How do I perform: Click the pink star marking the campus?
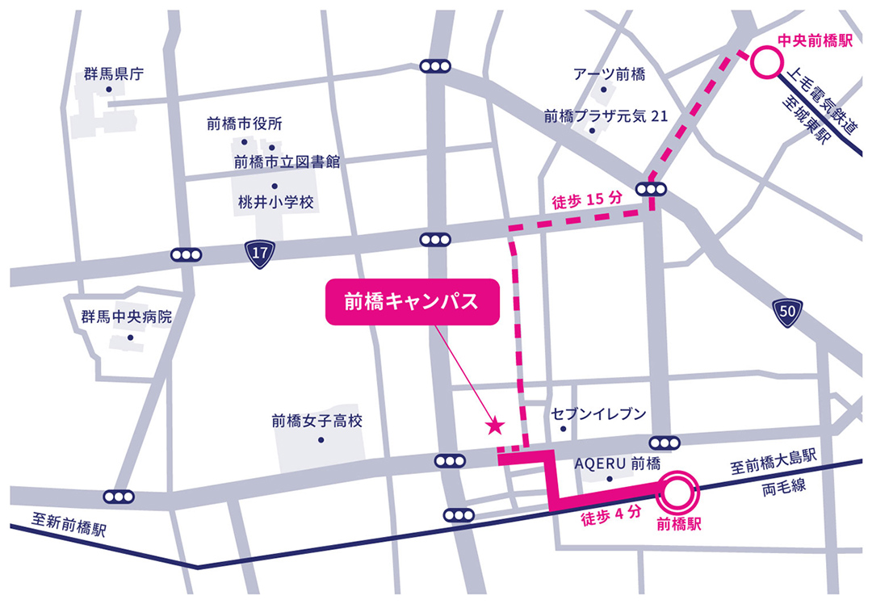[x=495, y=424]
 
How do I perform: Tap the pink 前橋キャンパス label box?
[x=413, y=303]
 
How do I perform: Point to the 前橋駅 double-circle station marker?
[x=676, y=488]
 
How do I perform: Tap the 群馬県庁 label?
[x=113, y=75]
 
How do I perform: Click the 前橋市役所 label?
[x=244, y=124]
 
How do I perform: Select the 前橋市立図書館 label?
[x=287, y=162]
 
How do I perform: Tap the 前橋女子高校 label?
[x=317, y=421]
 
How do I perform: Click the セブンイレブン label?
[x=598, y=414]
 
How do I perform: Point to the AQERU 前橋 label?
[x=618, y=463]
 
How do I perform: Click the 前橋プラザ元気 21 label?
[x=606, y=115]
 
